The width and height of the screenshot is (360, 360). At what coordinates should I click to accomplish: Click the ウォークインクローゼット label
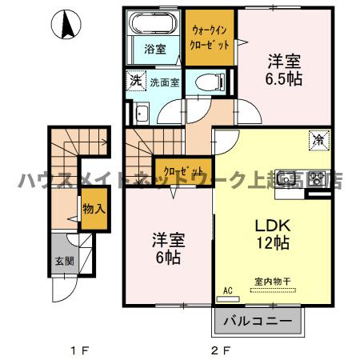pyautogui.click(x=211, y=38)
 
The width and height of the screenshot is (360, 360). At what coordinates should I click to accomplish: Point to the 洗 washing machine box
pyautogui.click(x=135, y=81)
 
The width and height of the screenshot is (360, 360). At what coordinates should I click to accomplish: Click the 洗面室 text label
pyautogui.click(x=163, y=82)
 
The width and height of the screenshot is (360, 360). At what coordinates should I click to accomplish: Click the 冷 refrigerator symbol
pyautogui.click(x=318, y=139)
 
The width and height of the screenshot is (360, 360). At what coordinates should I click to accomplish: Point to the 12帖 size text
pyautogui.click(x=268, y=243)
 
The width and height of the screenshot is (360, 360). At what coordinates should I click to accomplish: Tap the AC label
pyautogui.click(x=227, y=290)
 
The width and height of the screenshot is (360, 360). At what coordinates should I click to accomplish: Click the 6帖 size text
pyautogui.click(x=167, y=258)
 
